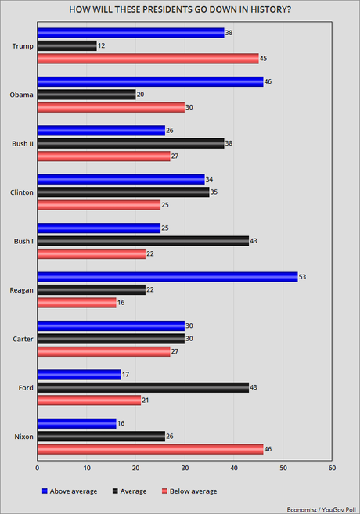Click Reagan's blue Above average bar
[x=167, y=276]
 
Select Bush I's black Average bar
[x=142, y=241]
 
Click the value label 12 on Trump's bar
[x=102, y=45]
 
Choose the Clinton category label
[x=22, y=191]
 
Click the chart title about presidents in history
[x=180, y=9]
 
